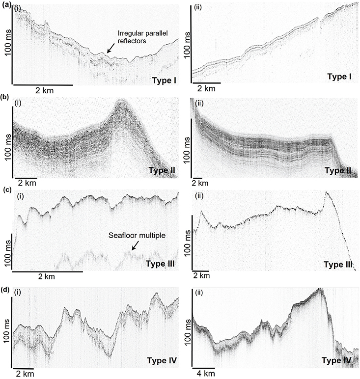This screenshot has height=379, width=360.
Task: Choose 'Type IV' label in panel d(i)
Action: (x=162, y=362)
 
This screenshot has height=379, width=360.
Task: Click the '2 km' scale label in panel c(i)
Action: (x=47, y=276)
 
